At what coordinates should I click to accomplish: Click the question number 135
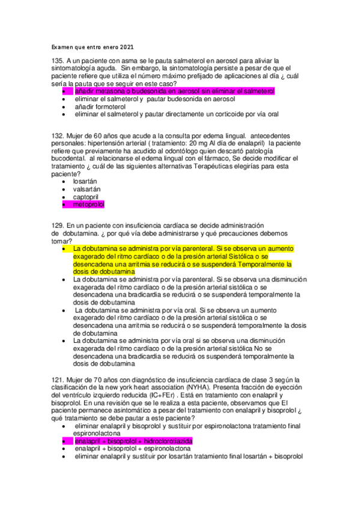58,61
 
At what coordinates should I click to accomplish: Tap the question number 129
58,224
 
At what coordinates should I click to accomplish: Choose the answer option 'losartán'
85,180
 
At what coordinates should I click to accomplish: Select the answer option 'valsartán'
87,189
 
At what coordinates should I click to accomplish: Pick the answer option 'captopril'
86,197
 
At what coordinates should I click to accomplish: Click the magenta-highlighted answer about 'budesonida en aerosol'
174,91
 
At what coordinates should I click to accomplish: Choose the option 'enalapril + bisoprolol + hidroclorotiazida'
133,441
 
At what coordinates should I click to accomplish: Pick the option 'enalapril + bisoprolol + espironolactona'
133,449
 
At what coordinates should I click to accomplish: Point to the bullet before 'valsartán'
65,189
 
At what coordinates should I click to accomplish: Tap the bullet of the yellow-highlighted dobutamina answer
65,248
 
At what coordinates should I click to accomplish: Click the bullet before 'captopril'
65,197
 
